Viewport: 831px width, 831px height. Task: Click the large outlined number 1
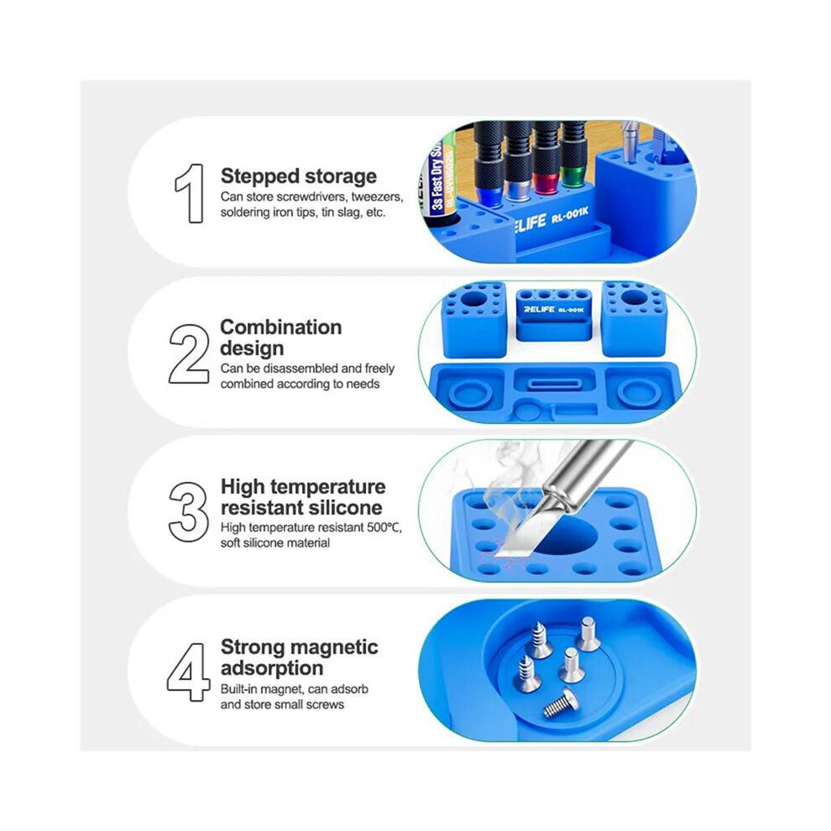tap(191, 193)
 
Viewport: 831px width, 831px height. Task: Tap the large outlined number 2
tap(189, 353)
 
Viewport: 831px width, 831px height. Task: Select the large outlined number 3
tap(188, 512)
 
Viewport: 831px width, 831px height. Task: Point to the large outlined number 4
tap(188, 672)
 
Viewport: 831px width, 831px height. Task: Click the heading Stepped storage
tap(298, 176)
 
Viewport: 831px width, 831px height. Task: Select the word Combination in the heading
tap(281, 327)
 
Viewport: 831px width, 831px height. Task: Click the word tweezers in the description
tap(376, 197)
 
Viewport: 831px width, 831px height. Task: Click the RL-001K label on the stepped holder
tap(569, 215)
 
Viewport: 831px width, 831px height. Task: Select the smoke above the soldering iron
tap(517, 479)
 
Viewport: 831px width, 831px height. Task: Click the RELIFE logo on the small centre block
tap(539, 309)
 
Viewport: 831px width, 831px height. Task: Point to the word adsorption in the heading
tap(272, 668)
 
